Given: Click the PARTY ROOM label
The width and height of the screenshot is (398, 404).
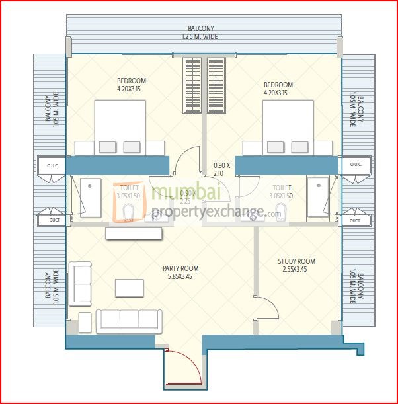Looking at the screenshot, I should (180, 268).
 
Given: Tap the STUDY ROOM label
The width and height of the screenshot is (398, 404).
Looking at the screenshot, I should (296, 261).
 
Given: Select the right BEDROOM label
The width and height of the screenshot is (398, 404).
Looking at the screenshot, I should (278, 85).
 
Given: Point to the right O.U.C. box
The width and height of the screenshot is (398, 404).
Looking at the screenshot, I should (355, 165).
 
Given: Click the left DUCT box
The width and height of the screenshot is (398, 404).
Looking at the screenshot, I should (51, 220).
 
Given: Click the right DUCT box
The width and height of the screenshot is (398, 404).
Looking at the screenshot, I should (355, 220).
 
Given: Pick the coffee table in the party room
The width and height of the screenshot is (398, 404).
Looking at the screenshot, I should (130, 288).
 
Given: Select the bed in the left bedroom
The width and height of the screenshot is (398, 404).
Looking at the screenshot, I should (120, 129).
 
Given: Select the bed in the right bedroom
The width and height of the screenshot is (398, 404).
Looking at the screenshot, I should (288, 129).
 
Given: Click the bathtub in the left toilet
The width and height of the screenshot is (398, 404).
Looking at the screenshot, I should (91, 198).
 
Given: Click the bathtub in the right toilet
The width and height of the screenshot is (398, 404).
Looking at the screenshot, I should (317, 198).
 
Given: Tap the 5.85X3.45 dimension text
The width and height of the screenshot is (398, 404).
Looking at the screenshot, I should (180, 278).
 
